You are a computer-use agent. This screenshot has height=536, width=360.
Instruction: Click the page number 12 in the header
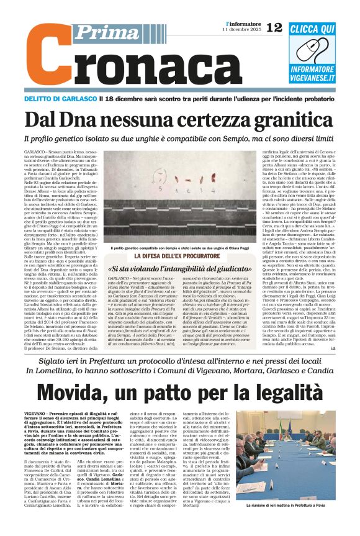274,27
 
